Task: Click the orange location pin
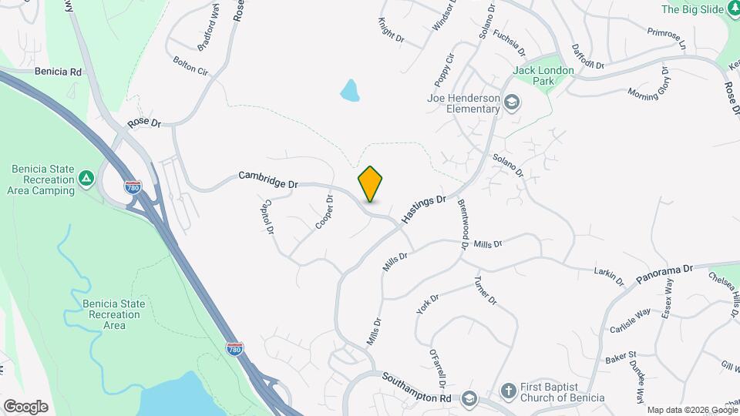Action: (x=370, y=183)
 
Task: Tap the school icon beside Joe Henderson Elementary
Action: (x=511, y=102)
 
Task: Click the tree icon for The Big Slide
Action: (x=729, y=9)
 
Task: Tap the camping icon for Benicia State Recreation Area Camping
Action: (x=87, y=179)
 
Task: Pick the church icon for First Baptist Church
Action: (x=508, y=391)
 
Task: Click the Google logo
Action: (x=25, y=406)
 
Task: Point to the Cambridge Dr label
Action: (x=267, y=179)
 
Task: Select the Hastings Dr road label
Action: (x=424, y=210)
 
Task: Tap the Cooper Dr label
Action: (x=325, y=213)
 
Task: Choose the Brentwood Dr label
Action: (x=463, y=223)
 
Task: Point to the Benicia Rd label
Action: (x=58, y=72)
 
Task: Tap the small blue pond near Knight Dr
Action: (x=350, y=91)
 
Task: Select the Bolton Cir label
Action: (x=190, y=65)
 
